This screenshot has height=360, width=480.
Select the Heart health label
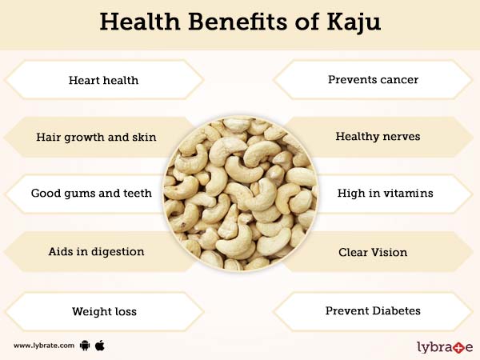(103, 80)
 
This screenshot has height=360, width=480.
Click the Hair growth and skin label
(96, 137)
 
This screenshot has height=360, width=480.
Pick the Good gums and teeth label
(91, 194)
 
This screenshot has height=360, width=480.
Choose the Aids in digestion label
(96, 251)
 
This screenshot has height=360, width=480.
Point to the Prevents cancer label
(373, 80)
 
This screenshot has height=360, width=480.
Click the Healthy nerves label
(378, 137)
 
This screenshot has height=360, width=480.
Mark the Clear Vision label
(372, 251)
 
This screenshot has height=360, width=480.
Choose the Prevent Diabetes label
(373, 310)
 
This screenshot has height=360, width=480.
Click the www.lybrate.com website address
(44, 346)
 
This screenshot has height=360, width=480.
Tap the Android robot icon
(86, 346)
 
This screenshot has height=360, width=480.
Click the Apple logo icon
(101, 345)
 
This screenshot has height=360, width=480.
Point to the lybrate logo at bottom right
(445, 346)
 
